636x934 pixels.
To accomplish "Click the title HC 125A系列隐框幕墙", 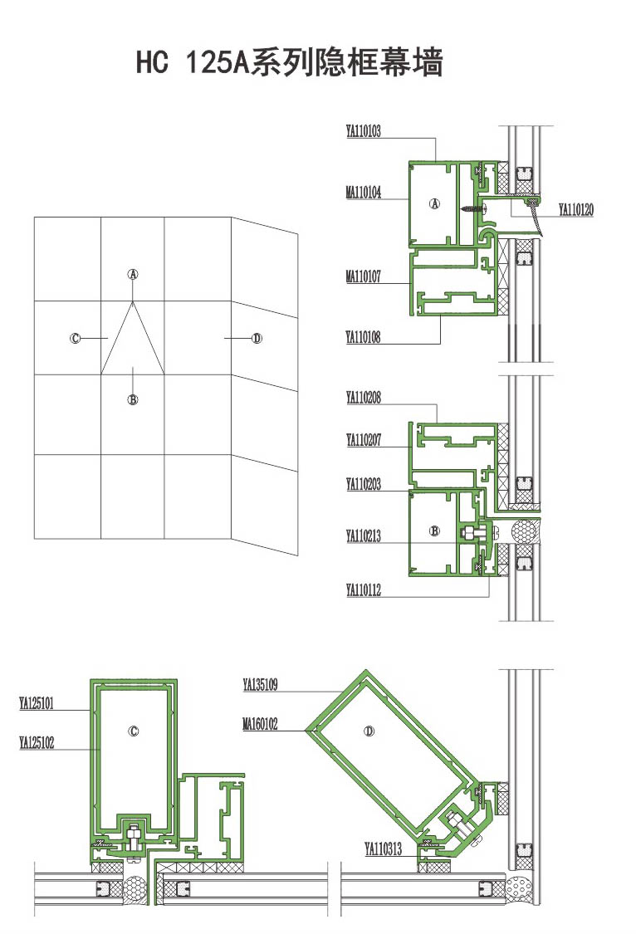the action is point(290,62).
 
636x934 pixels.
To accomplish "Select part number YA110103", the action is point(364,131).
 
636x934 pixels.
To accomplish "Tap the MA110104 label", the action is point(364,192).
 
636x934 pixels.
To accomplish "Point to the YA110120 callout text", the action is point(576,210).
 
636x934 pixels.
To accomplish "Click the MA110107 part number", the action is point(364,276).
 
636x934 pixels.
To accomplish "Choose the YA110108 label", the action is point(364,337).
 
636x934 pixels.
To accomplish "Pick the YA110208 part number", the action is point(364,398).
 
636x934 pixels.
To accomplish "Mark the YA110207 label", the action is point(364,440).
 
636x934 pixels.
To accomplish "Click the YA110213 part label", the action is point(364,535).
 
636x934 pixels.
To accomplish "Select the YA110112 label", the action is point(364,589).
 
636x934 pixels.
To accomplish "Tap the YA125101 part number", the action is point(37,703).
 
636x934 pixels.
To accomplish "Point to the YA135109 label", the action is point(260,685).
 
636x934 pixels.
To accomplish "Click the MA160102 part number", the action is point(260,724).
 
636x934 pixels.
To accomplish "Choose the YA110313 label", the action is point(384,848).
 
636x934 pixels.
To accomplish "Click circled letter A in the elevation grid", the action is point(133,274).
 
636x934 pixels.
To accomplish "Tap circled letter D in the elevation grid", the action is point(257,339).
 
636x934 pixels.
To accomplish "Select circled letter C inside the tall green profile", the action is point(134,731).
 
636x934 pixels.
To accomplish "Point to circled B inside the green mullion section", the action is point(434,531).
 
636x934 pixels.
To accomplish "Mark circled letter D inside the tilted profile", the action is point(369,731).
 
